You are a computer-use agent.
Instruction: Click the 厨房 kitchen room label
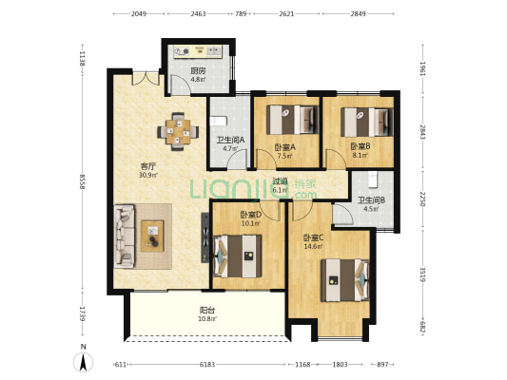(198, 70)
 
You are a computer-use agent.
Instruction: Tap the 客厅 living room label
(148, 166)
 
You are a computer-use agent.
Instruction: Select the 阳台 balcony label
(207, 311)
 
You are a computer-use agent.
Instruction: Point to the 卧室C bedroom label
(313, 237)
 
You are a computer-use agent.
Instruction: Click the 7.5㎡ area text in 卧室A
(284, 156)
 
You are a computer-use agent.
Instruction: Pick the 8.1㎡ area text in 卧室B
(361, 155)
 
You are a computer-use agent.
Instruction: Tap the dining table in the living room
(178, 131)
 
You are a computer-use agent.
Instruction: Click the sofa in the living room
(125, 236)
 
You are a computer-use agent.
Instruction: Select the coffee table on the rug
(152, 236)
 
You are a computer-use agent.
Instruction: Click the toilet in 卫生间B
(373, 180)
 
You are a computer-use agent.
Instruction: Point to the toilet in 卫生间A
(218, 122)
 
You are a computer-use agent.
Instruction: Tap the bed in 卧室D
(238, 256)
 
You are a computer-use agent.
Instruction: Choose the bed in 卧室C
(345, 280)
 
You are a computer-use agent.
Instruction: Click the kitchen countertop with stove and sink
(198, 51)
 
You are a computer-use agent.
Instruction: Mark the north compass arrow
(84, 362)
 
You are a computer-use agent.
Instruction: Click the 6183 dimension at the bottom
(207, 365)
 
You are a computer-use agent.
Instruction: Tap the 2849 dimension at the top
(359, 14)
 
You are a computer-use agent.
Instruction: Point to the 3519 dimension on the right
(422, 274)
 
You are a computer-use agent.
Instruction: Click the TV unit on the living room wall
(205, 237)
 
